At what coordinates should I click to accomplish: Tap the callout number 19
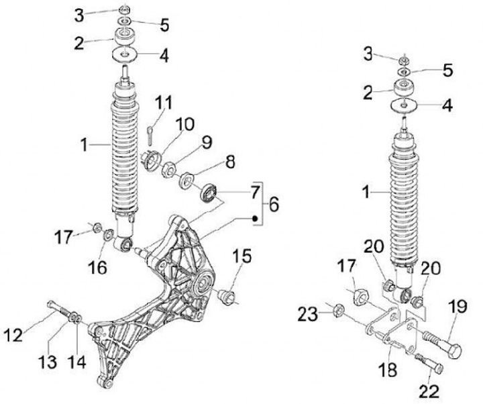point(458,307)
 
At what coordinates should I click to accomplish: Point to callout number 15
point(241,256)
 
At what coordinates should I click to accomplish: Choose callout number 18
point(387,369)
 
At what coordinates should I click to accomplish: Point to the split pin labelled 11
point(150,129)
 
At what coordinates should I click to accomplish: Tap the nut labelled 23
point(338,309)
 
